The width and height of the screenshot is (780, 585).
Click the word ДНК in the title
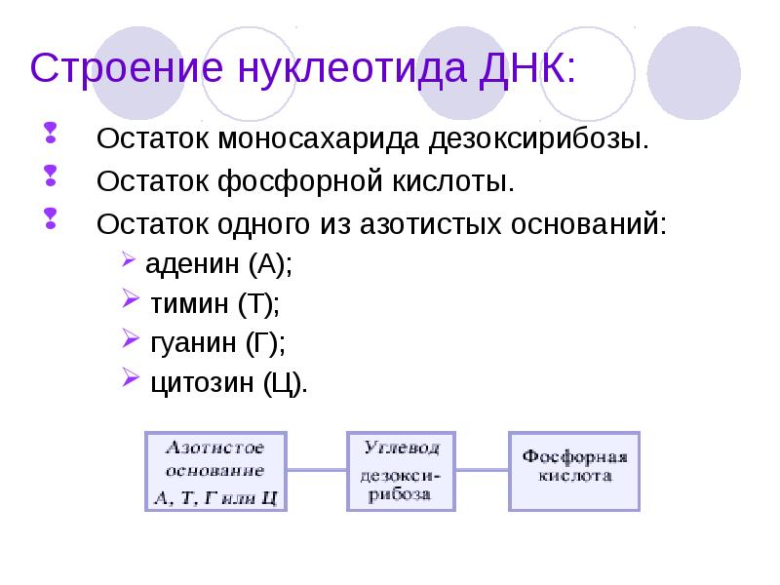[x=523, y=70]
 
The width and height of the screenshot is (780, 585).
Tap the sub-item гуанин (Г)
[x=217, y=342]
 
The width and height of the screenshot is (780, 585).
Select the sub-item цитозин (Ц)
[x=228, y=382]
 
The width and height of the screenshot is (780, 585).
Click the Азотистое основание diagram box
[x=217, y=472]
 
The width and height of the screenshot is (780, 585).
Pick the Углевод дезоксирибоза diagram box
[x=401, y=471]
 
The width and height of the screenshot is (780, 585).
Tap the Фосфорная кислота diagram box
[x=574, y=471]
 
